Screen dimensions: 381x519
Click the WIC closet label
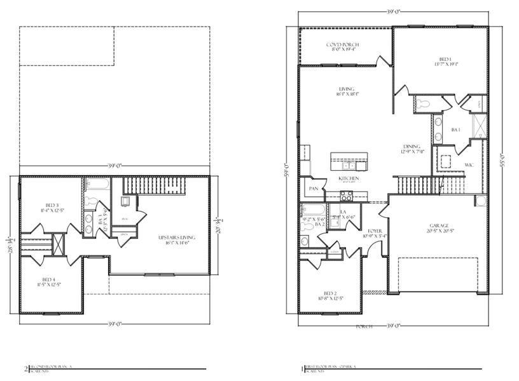(470, 165)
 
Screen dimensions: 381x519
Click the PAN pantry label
(313, 189)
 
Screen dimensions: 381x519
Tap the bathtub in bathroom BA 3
(97, 185)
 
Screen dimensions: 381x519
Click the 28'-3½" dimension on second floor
(10, 244)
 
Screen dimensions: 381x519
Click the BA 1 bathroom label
(455, 130)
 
